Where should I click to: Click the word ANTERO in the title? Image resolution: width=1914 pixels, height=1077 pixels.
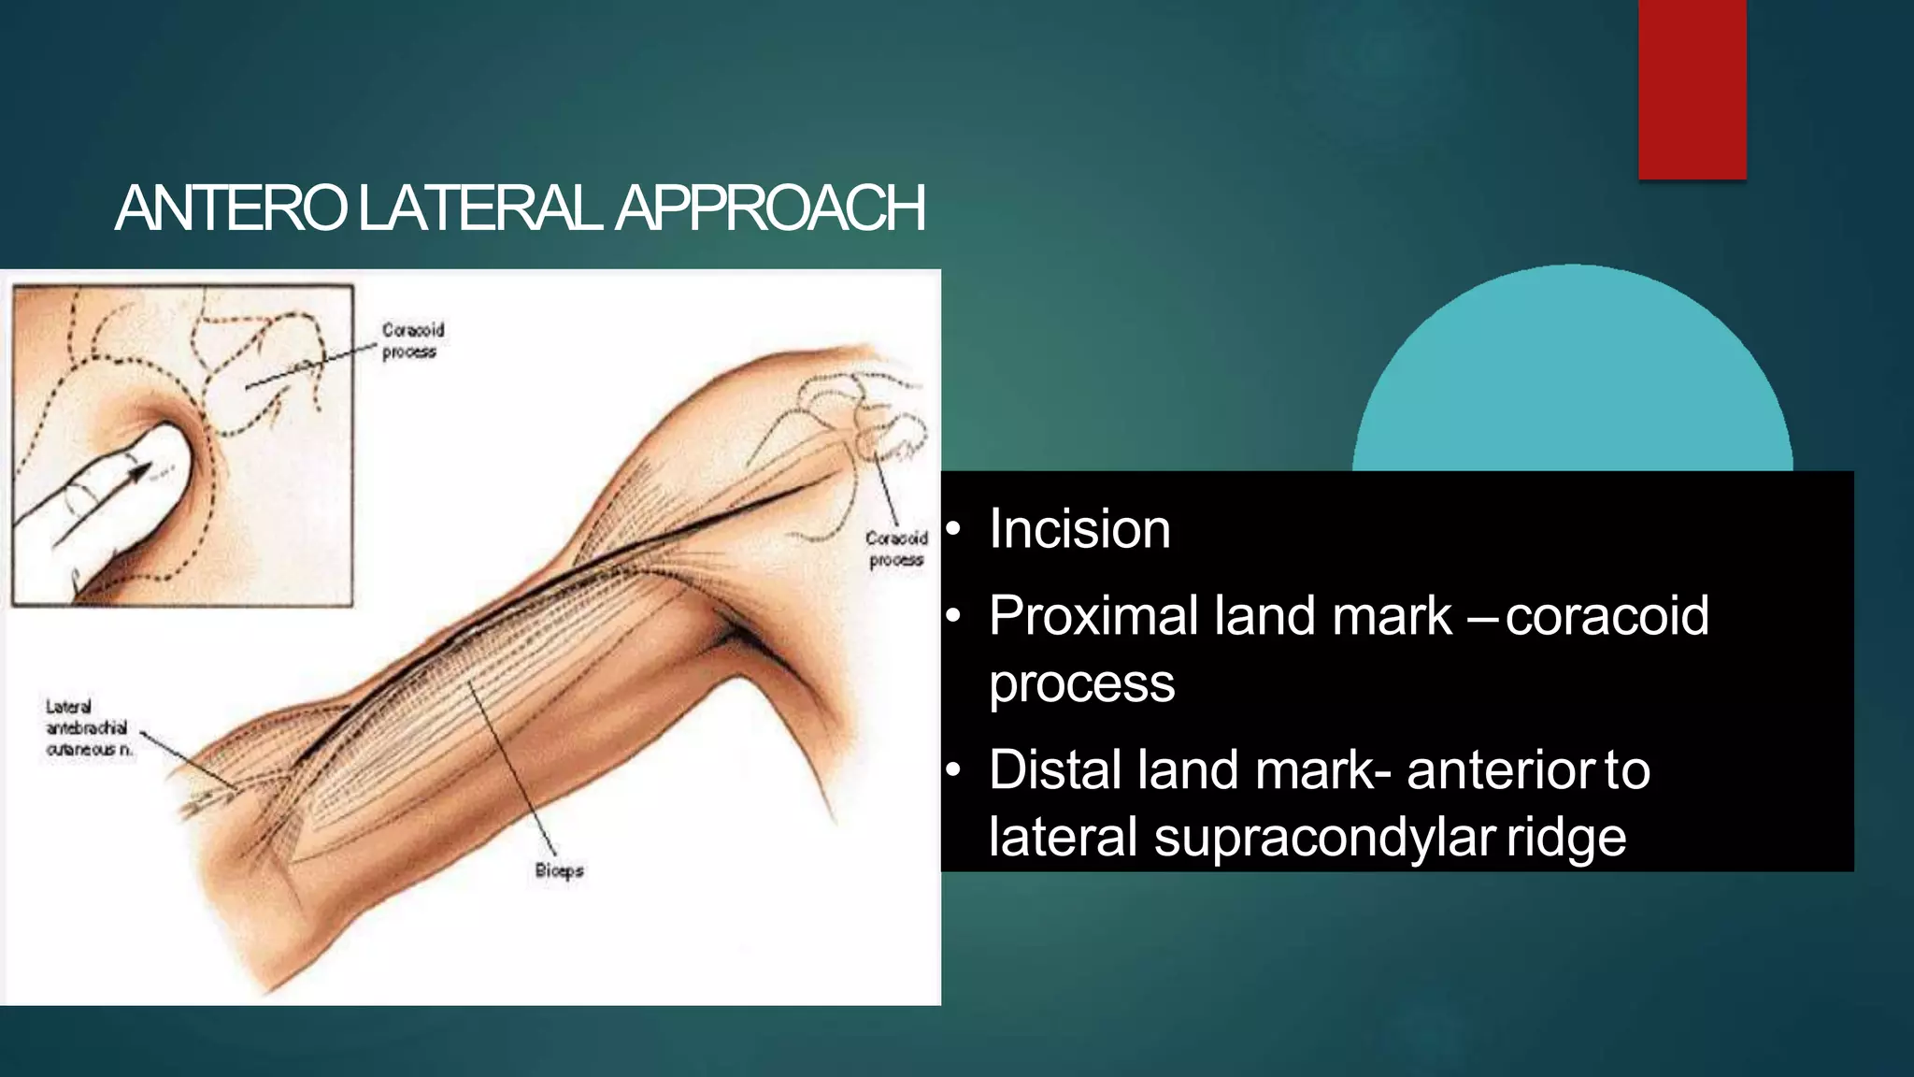coord(230,208)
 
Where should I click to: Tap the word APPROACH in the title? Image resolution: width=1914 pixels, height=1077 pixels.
coord(770,208)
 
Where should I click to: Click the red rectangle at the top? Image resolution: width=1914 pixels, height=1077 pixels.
coord(1692,89)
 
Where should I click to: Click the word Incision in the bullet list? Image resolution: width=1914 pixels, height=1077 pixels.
coord(1079,529)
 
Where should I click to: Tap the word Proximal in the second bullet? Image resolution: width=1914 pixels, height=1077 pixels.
coord(1093,616)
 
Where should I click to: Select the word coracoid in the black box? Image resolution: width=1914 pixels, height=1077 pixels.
coord(1607,616)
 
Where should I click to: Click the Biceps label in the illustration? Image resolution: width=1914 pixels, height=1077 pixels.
coord(559,870)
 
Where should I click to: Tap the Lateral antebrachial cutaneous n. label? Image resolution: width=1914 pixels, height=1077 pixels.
coord(88,728)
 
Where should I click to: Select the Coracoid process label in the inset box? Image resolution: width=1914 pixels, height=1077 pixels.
coord(412,340)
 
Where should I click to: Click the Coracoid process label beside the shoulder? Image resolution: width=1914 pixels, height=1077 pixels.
coord(895,549)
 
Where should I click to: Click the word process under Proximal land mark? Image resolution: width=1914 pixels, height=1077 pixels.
coord(1081,683)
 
